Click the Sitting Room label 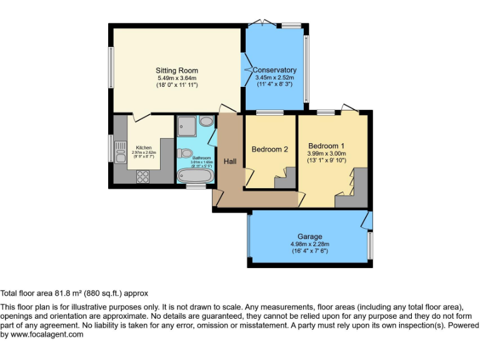(176, 70)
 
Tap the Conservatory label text (276, 70)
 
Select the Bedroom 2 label (269, 149)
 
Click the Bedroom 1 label (326, 146)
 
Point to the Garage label (309, 236)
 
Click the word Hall (230, 162)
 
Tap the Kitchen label (144, 148)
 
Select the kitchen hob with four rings (142, 176)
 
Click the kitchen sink (121, 155)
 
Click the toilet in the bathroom (185, 152)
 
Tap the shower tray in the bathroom (186, 127)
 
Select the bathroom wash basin (206, 122)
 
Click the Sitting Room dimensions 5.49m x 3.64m (176, 77)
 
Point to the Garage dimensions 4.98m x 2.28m (309, 244)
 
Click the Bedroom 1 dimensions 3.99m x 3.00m (326, 153)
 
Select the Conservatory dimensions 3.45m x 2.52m (276, 77)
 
